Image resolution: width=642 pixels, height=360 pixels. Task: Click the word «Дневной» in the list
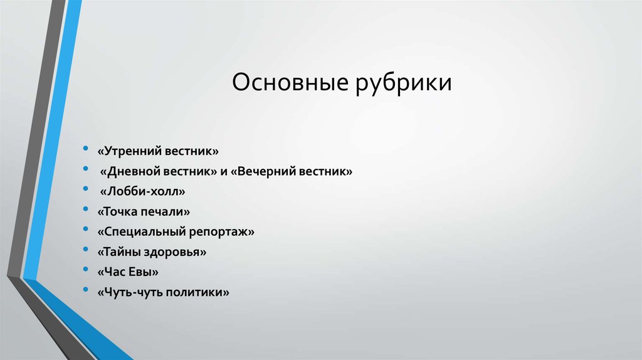coord(136,171)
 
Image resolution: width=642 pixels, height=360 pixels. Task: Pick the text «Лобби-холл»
coord(144,191)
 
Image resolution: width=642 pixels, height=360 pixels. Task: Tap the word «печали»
coord(165,211)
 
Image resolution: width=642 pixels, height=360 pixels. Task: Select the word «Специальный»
coord(142,231)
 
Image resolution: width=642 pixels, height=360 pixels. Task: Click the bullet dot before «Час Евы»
coord(85,272)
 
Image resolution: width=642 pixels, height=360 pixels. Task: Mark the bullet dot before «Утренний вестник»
coord(85,151)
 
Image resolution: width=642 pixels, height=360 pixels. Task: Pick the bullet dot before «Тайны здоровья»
coord(85,251)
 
